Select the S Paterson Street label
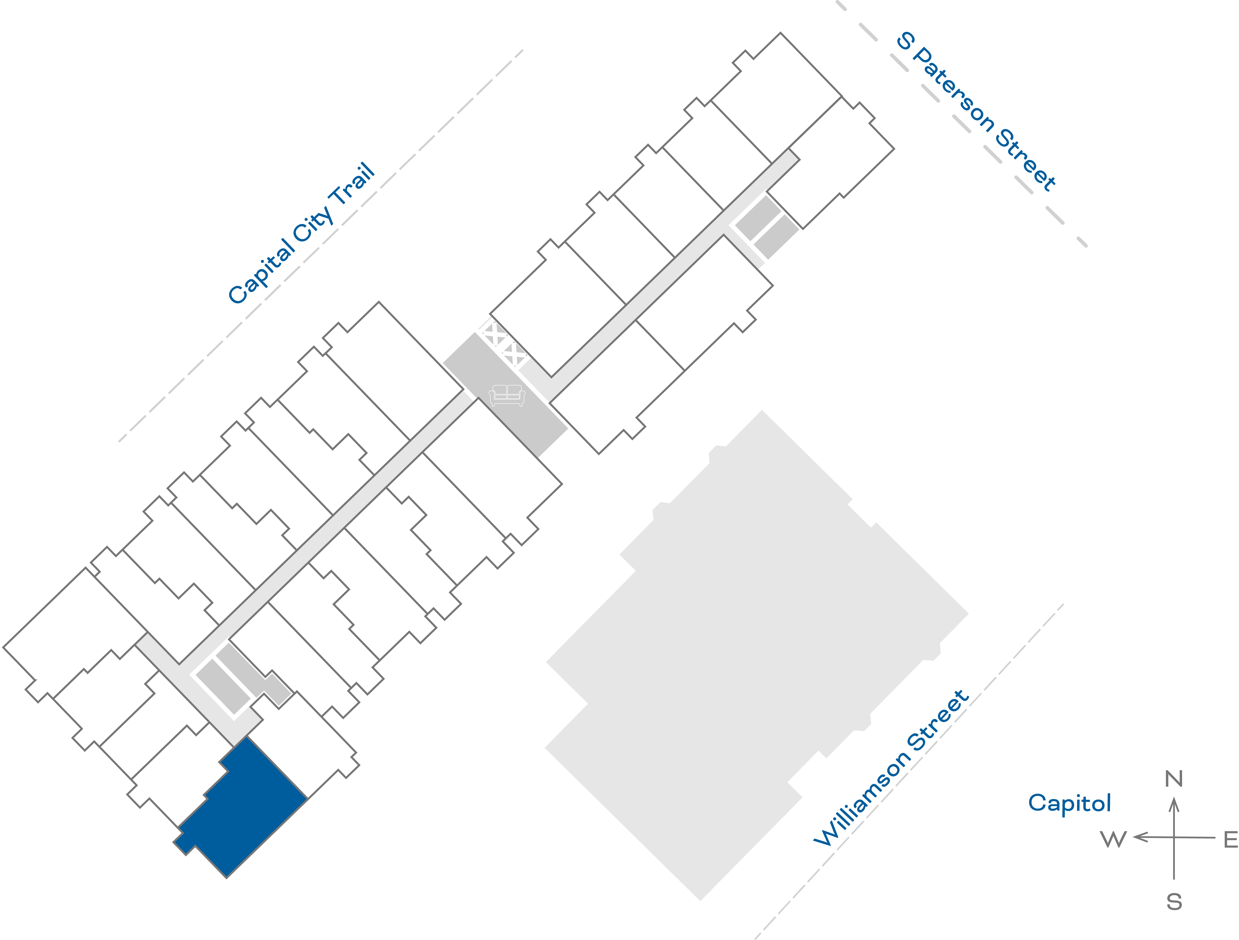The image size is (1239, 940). point(976,112)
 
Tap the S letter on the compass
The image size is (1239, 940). point(1174,918)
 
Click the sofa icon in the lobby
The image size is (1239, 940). point(507,395)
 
